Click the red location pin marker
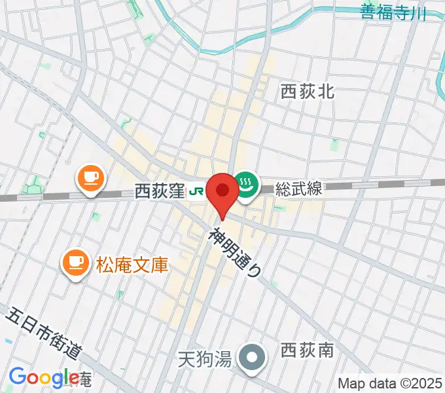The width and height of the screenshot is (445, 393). pyautogui.click(x=223, y=195)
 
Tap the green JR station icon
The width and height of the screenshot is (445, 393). pyautogui.click(x=196, y=191)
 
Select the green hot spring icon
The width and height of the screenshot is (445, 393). pyautogui.click(x=246, y=183)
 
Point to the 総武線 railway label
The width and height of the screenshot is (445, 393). pyautogui.click(x=298, y=189)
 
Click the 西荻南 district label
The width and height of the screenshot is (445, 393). pyautogui.click(x=307, y=352)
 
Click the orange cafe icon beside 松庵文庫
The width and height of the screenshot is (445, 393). pyautogui.click(x=76, y=261)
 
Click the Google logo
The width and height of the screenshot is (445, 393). pyautogui.click(x=44, y=378)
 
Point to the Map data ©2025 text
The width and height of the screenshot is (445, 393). pyautogui.click(x=389, y=383)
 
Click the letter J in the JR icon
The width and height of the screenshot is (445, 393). pyautogui.click(x=193, y=191)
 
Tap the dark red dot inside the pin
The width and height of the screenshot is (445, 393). pyautogui.click(x=223, y=190)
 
